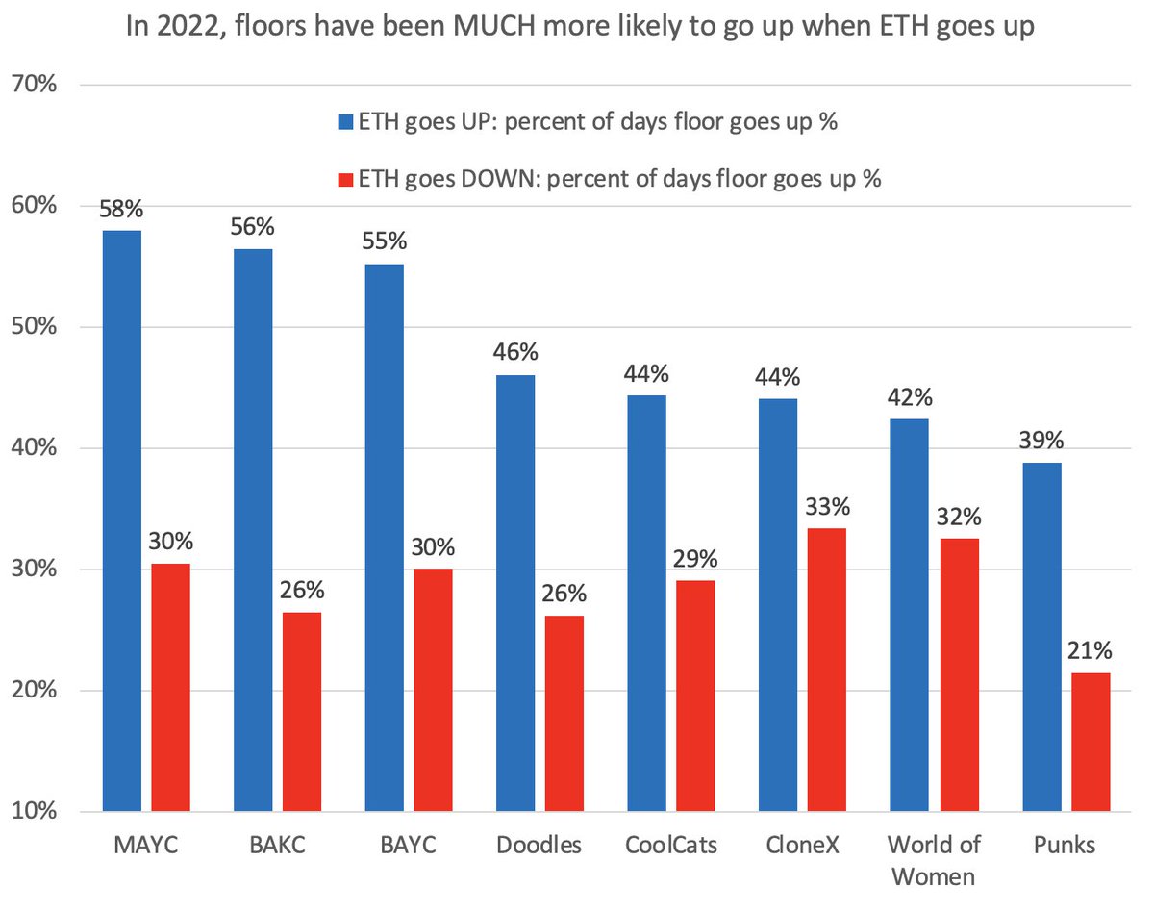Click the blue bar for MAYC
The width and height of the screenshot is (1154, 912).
tap(122, 520)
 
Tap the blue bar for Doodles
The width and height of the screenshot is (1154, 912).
tap(515, 594)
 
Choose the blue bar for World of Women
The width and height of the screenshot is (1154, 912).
tap(909, 615)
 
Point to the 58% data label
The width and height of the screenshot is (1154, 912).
tap(122, 207)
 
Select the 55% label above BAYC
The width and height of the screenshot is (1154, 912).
tap(385, 241)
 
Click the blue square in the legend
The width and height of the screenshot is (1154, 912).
tap(345, 122)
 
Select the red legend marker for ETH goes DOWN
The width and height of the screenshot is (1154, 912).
tap(345, 179)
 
